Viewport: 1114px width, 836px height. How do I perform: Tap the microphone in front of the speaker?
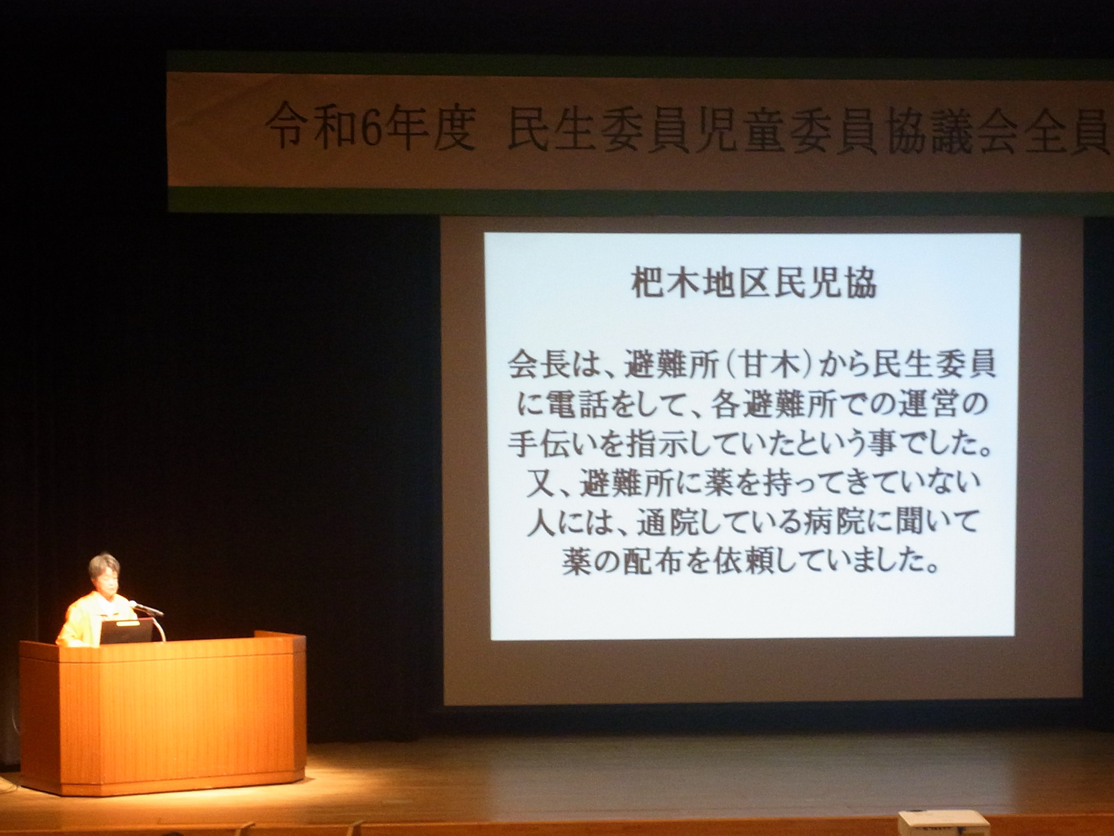click(146, 608)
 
